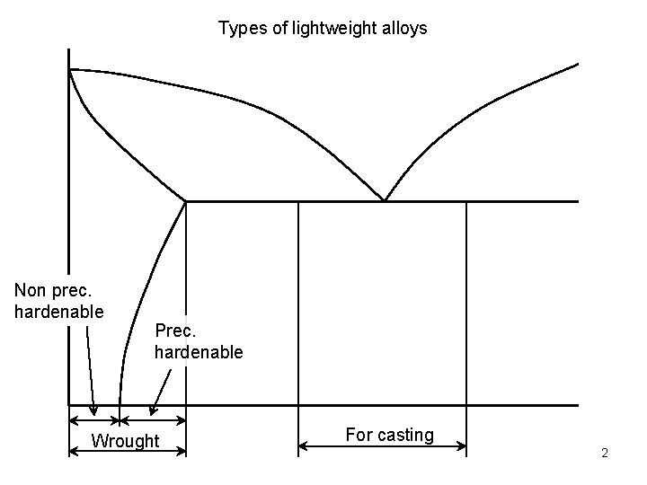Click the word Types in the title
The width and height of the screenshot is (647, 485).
[x=238, y=29]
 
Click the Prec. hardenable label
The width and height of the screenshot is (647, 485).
[x=199, y=341]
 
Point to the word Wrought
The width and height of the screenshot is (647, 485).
[x=126, y=440]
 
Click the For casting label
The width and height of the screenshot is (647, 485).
[x=389, y=436]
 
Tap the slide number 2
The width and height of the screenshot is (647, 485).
[x=605, y=453]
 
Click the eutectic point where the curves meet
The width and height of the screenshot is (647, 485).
[x=385, y=200]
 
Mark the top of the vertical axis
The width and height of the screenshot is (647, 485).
[x=69, y=50]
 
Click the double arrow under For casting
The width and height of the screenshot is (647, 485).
[x=382, y=446]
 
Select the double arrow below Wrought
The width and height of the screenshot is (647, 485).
[x=128, y=452]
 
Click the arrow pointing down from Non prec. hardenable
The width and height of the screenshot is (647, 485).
[x=91, y=368]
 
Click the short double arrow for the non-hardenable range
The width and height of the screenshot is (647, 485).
[x=94, y=419]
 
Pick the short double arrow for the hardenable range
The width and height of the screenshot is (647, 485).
[x=153, y=419]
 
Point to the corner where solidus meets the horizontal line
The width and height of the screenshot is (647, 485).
[x=186, y=201]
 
